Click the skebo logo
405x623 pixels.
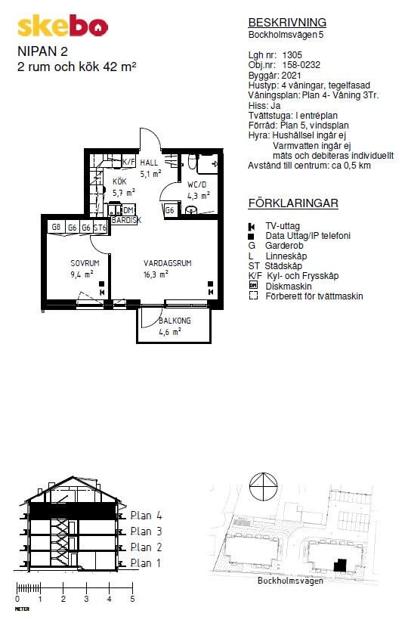[63, 26]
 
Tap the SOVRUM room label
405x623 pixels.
[85, 263]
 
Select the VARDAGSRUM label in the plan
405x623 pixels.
[167, 263]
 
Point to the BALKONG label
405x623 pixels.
[175, 321]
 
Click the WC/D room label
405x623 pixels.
[197, 184]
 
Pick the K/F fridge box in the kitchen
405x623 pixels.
[128, 162]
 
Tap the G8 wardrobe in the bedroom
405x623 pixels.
[56, 228]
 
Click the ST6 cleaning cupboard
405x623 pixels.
[100, 228]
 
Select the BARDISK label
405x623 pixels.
[126, 220]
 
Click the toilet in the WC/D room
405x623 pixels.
[192, 162]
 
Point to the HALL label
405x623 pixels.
[149, 163]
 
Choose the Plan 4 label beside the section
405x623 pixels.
[146, 516]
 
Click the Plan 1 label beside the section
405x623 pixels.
[146, 563]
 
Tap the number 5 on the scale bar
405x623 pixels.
[132, 599]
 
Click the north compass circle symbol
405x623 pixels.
[263, 487]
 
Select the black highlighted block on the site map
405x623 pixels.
[340, 565]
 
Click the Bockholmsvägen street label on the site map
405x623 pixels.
[290, 581]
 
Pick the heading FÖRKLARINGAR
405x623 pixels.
[293, 203]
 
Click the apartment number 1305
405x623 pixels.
[292, 55]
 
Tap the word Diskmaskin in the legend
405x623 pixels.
[289, 287]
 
